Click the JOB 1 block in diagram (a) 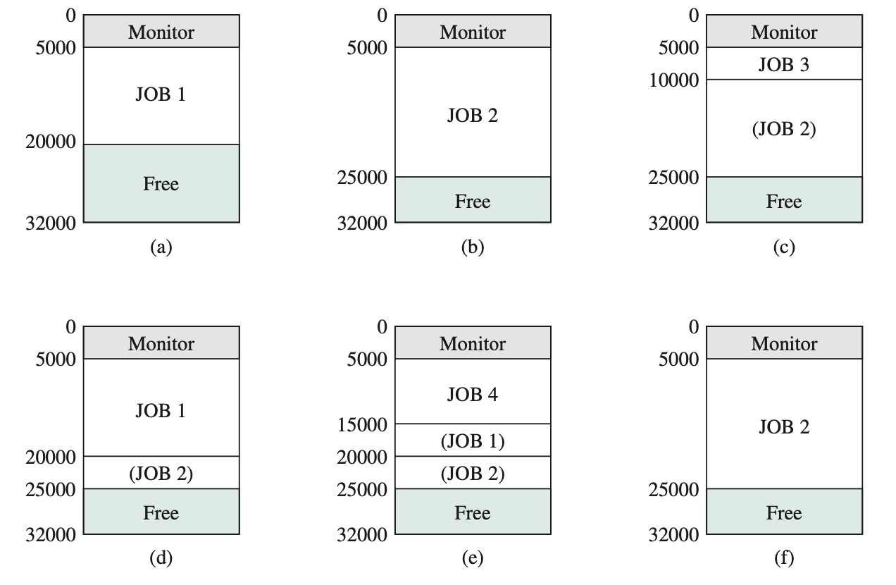[161, 95]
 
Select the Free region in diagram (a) [161, 184]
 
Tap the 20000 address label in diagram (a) [50, 142]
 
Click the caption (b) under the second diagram [472, 247]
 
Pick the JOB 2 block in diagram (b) [473, 115]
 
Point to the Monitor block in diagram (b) [473, 32]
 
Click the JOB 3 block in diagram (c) [784, 65]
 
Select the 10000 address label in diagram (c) [674, 80]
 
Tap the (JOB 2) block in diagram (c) [784, 129]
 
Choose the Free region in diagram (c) [784, 202]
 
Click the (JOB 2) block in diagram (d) [161, 474]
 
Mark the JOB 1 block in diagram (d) [161, 410]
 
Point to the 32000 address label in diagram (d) [50, 535]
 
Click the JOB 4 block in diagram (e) [473, 394]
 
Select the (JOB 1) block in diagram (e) [473, 441]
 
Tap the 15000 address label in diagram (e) [362, 424]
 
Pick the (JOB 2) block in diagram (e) [473, 474]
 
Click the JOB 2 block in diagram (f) [784, 426]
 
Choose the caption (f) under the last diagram [783, 558]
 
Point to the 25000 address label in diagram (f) [674, 489]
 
